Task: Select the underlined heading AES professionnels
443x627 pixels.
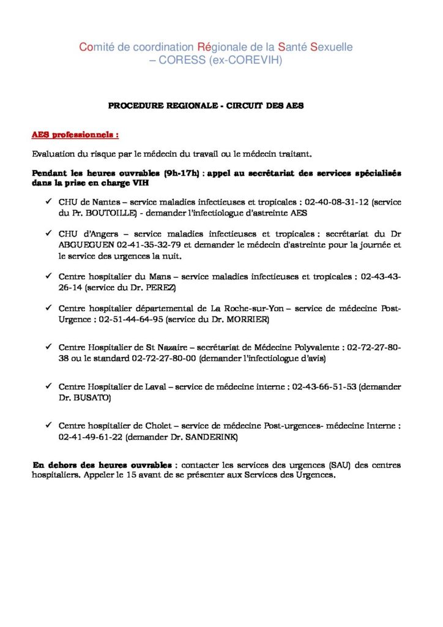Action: click(75, 133)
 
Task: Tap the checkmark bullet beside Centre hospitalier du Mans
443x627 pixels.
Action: click(48, 276)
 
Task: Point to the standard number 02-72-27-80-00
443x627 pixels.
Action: click(163, 358)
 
